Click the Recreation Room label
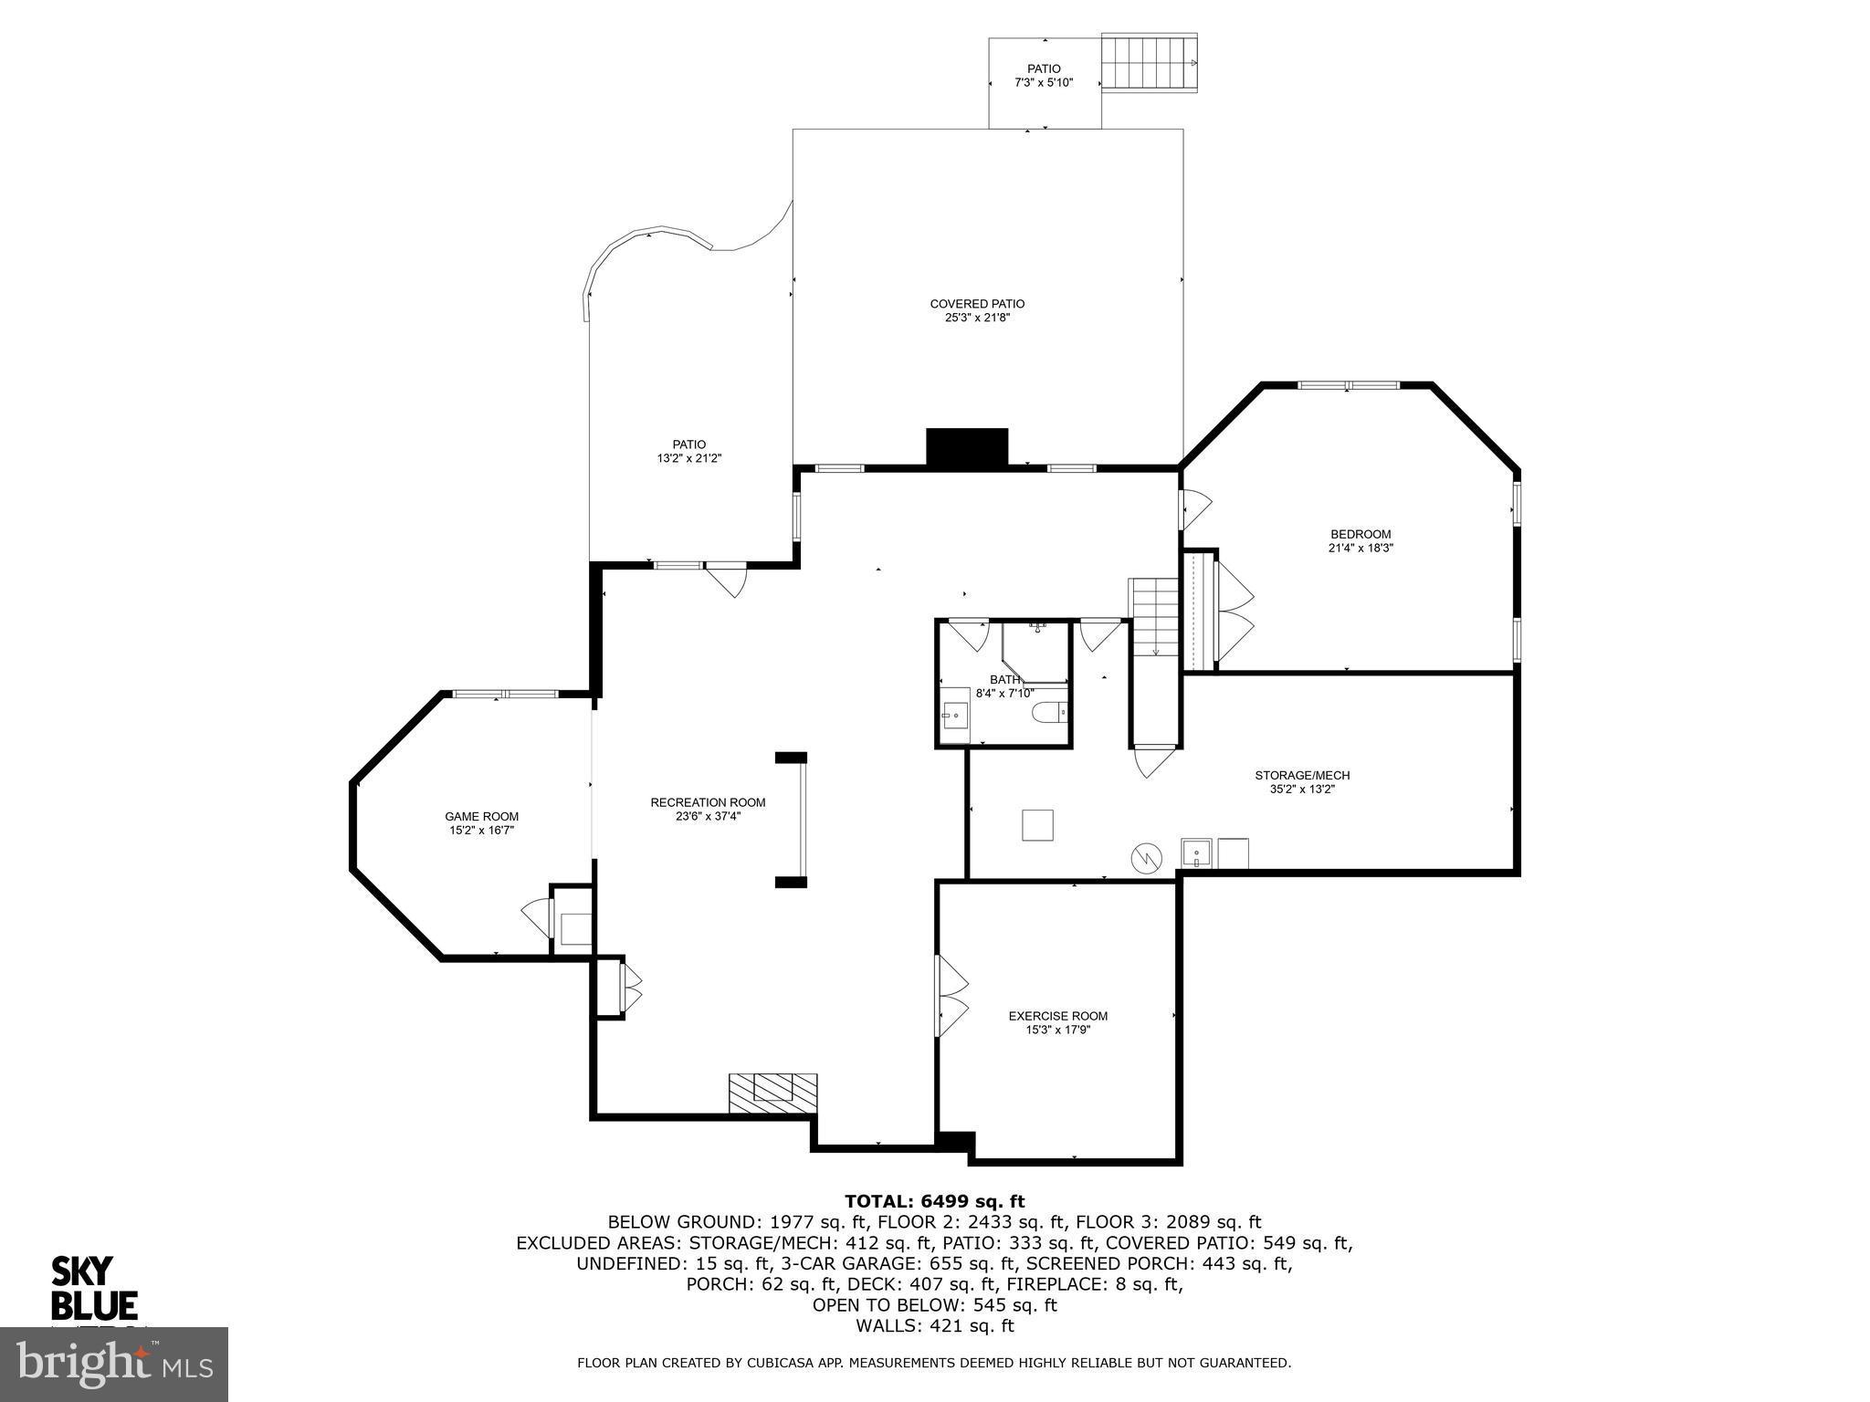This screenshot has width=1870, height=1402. coord(708,802)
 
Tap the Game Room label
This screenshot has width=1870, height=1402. coord(481,817)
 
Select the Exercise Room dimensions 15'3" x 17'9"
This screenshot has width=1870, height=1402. coord(1057,1030)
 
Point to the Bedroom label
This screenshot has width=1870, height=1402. coord(1360,535)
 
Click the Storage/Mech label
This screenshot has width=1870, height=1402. coord(1301,776)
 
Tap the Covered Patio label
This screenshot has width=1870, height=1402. coord(976,304)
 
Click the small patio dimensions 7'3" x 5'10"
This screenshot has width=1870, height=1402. coord(1044,83)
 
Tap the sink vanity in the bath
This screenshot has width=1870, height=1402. coord(955,715)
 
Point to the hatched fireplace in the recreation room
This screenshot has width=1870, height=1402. coord(772,1093)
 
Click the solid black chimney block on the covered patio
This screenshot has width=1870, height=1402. coord(966,447)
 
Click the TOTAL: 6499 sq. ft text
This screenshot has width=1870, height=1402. coord(934,1201)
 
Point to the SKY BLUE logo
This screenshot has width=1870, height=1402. coord(93,1288)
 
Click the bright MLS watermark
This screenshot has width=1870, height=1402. coord(114,1364)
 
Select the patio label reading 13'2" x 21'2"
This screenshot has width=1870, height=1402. coord(689,458)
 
